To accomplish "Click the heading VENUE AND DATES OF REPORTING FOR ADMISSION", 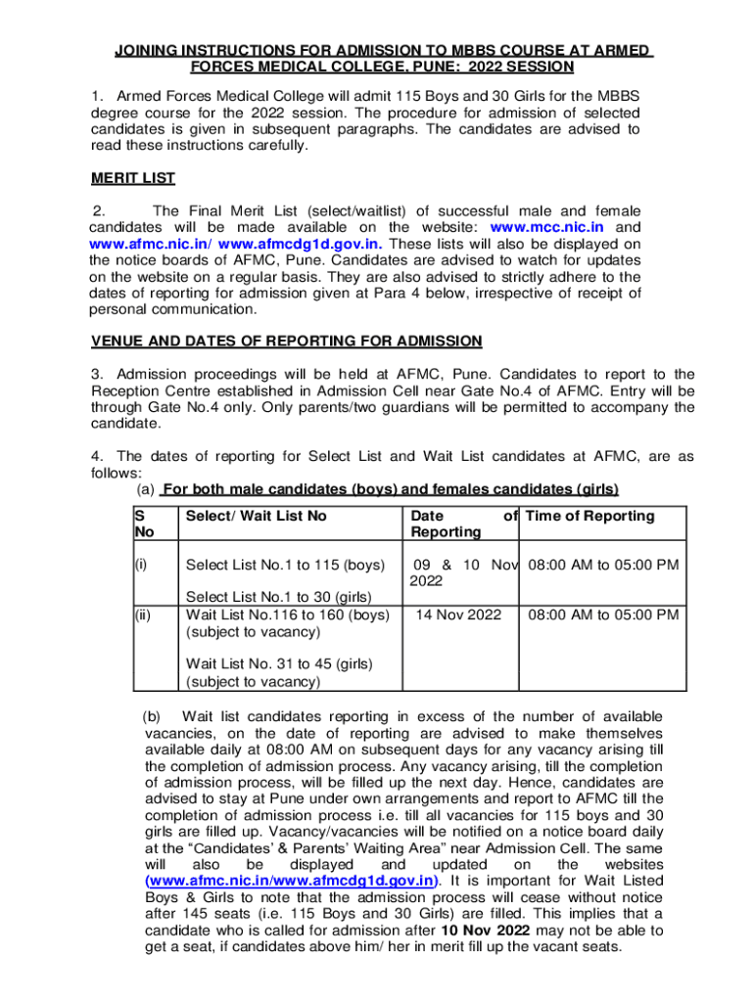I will click(x=286, y=341).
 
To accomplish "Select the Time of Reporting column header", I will click(x=590, y=516).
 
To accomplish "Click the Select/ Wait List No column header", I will click(x=256, y=516).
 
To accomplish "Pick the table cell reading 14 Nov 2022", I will click(x=458, y=615).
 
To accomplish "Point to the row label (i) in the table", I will click(x=144, y=564).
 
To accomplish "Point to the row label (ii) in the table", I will click(x=145, y=615).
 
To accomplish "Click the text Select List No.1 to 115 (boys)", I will click(x=284, y=564).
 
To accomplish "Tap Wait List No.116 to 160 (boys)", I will click(x=288, y=615).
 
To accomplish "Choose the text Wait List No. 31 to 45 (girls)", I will click(x=279, y=663).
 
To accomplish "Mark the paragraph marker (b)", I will click(x=158, y=716).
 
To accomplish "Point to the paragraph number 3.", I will click(x=96, y=374).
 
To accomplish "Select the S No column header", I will click(x=143, y=524).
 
